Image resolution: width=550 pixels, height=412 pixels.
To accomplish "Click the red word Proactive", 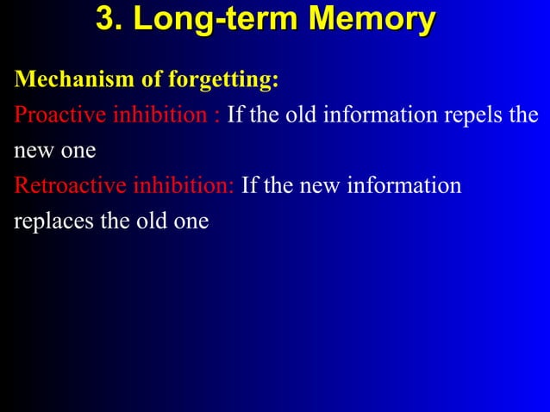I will coord(59,115).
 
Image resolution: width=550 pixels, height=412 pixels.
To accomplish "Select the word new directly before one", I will coord(32,152).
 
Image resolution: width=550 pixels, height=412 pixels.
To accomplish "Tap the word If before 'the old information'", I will coord(235,115).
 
